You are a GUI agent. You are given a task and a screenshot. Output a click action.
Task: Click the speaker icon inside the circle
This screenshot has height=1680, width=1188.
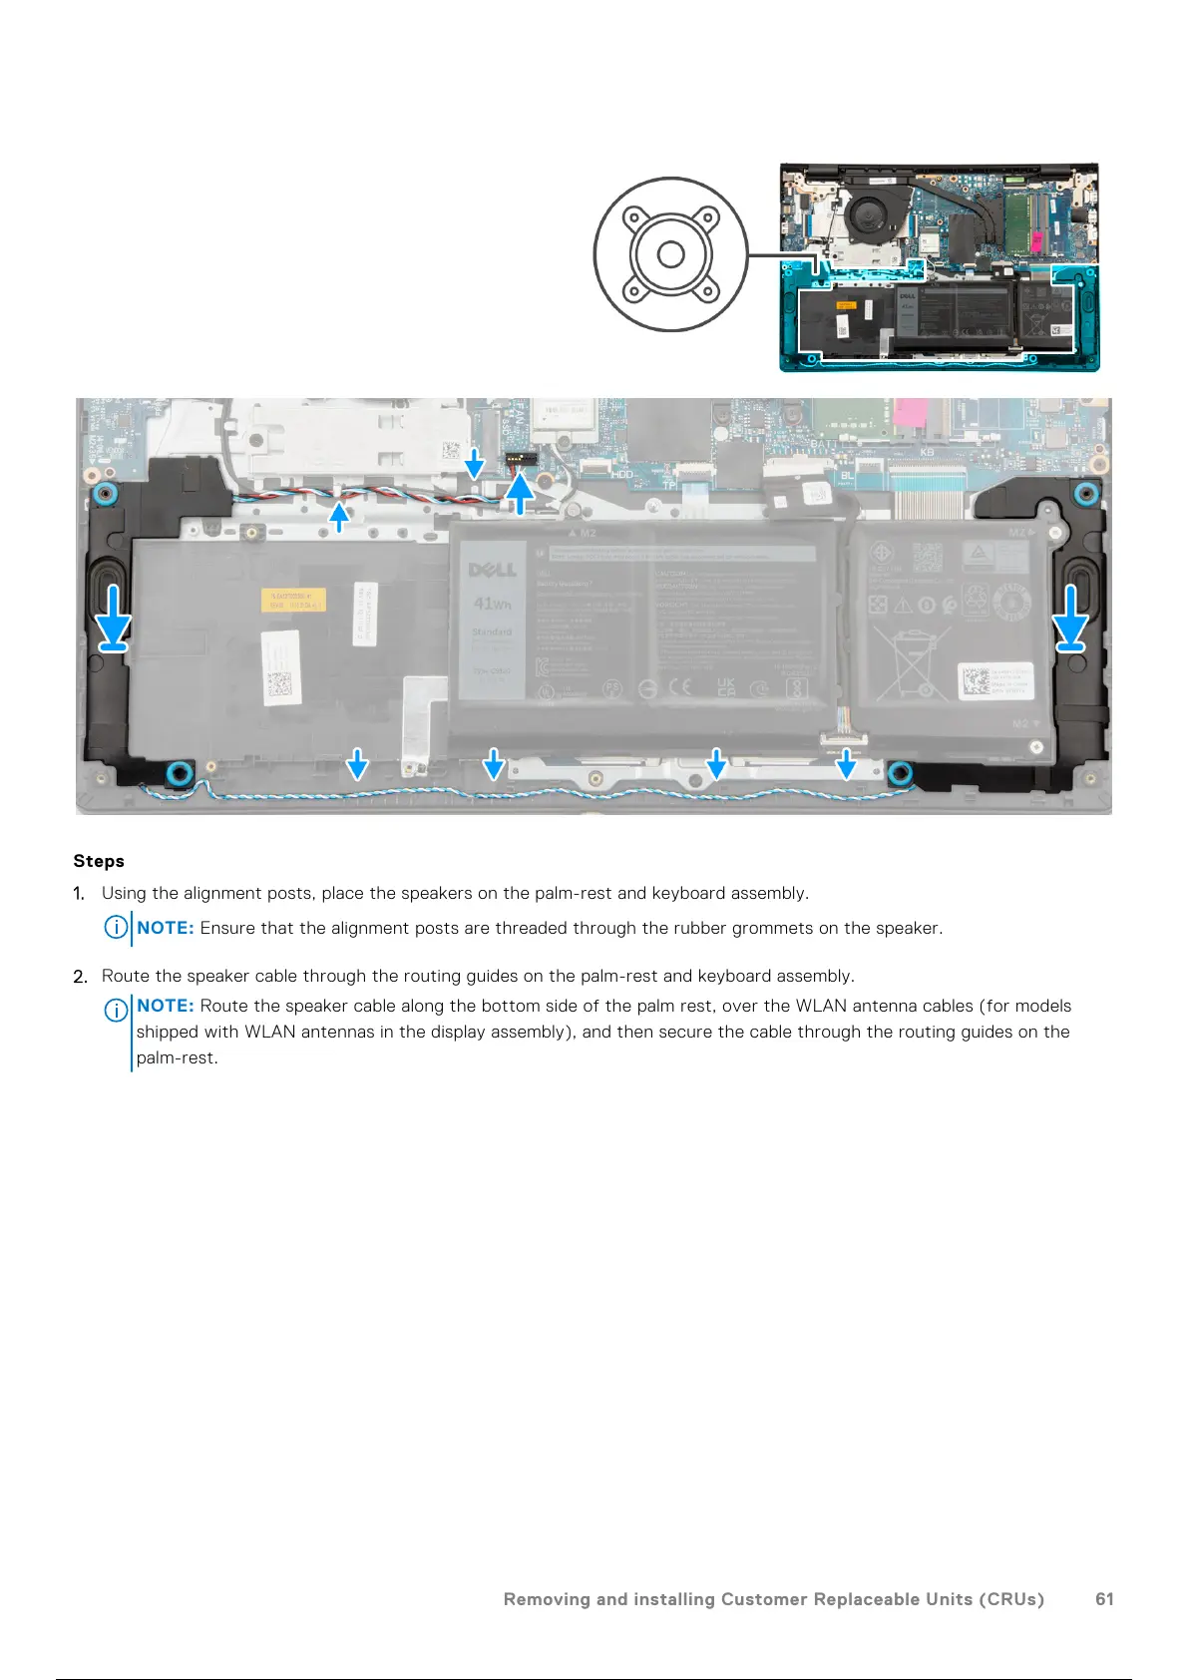670,254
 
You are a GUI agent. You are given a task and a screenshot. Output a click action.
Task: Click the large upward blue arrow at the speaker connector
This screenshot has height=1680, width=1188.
519,492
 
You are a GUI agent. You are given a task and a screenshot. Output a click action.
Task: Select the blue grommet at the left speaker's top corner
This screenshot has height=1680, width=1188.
103,493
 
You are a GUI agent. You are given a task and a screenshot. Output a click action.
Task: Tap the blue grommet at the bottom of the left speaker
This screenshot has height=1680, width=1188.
180,771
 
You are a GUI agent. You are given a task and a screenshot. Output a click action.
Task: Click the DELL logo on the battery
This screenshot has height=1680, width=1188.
492,570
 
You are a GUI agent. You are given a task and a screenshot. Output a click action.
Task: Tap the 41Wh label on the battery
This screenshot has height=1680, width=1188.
492,604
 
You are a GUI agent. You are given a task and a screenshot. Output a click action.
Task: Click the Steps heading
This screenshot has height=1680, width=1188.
99,861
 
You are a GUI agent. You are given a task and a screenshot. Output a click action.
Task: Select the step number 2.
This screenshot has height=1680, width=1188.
80,977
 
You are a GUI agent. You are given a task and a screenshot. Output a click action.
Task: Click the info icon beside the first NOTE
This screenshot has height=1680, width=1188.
116,928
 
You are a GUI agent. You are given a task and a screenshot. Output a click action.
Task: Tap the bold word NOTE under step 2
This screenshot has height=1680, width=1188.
165,1006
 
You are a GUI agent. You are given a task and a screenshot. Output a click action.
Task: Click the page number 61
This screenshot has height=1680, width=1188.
1104,1599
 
